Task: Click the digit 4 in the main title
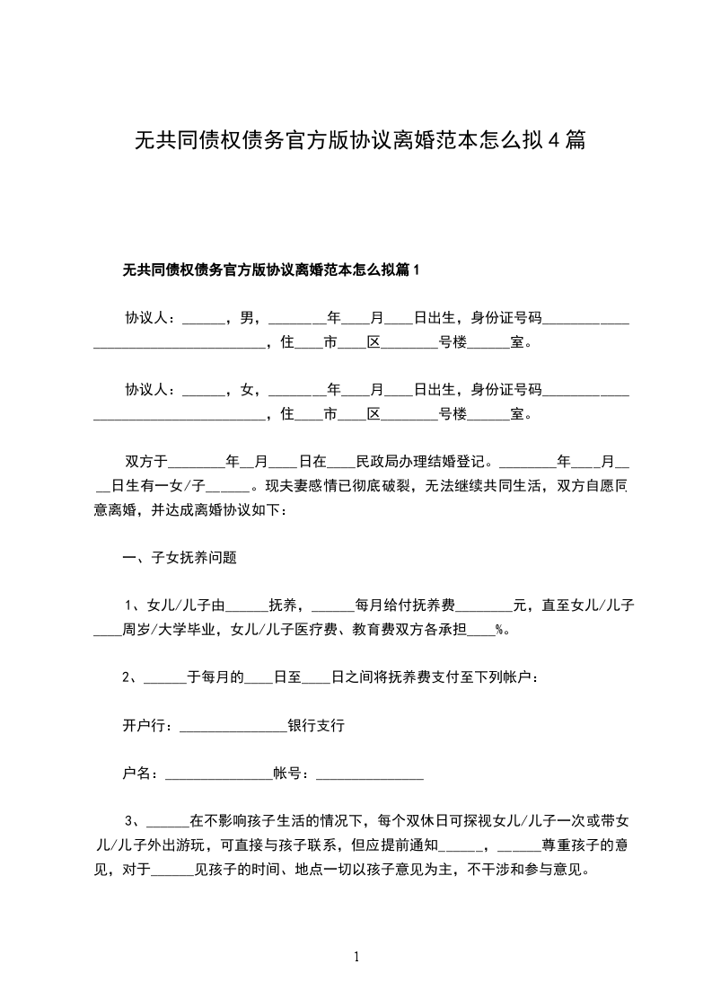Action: point(555,140)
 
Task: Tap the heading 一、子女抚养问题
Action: point(180,557)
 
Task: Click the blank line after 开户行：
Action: point(233,727)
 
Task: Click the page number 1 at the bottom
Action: point(356,957)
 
